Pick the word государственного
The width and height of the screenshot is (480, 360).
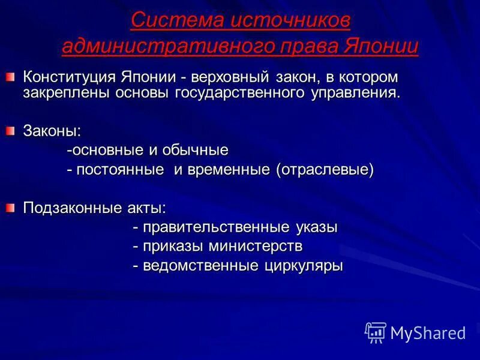[x=257, y=93]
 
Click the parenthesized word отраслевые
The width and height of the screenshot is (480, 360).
[x=325, y=170]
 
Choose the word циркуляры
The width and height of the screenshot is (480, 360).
[x=304, y=266]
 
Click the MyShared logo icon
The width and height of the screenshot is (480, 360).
[x=375, y=332]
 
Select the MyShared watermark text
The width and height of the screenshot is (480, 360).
[x=428, y=332]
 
